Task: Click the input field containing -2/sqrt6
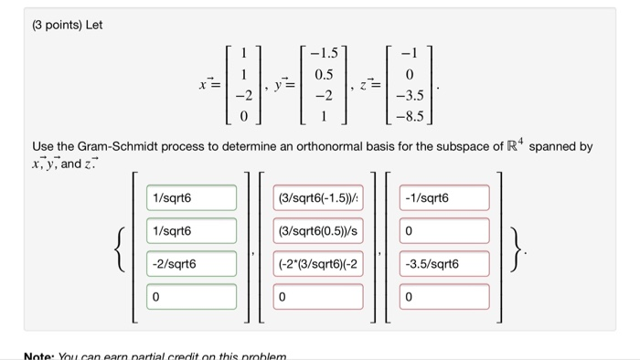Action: [x=191, y=264]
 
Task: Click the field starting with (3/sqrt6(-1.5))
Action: [x=318, y=198]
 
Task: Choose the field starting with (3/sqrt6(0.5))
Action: [x=318, y=231]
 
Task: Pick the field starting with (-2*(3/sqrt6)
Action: [x=318, y=264]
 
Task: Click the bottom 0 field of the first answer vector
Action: [x=191, y=297]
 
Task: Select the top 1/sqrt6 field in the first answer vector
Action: [x=191, y=198]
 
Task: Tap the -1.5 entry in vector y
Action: [x=324, y=55]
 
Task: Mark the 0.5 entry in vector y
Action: [x=324, y=75]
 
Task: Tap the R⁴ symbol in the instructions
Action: [x=516, y=144]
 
